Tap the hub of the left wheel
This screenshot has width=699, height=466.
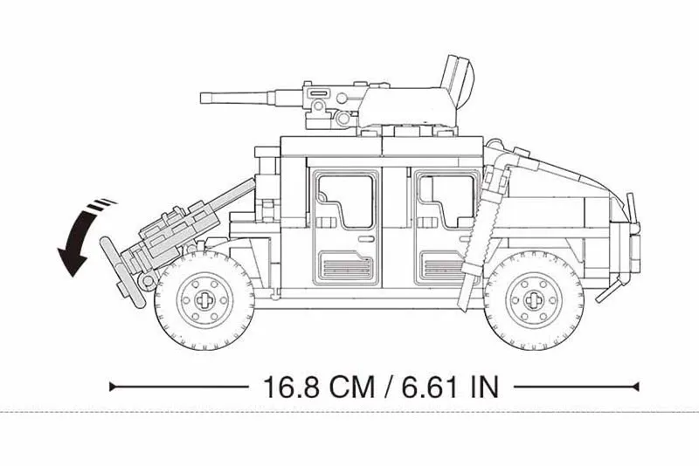pyautogui.click(x=204, y=300)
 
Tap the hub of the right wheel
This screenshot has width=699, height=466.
pyautogui.click(x=534, y=300)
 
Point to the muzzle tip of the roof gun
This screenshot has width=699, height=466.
pyautogui.click(x=204, y=98)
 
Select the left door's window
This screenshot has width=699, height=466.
pyautogui.click(x=346, y=201)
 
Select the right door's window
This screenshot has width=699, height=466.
pyautogui.click(x=446, y=201)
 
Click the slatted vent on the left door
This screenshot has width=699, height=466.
pyautogui.click(x=346, y=265)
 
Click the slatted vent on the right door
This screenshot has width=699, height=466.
pyautogui.click(x=441, y=265)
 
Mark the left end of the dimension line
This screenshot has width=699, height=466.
pyautogui.click(x=112, y=387)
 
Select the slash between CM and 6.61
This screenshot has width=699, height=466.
pyautogui.click(x=384, y=387)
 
